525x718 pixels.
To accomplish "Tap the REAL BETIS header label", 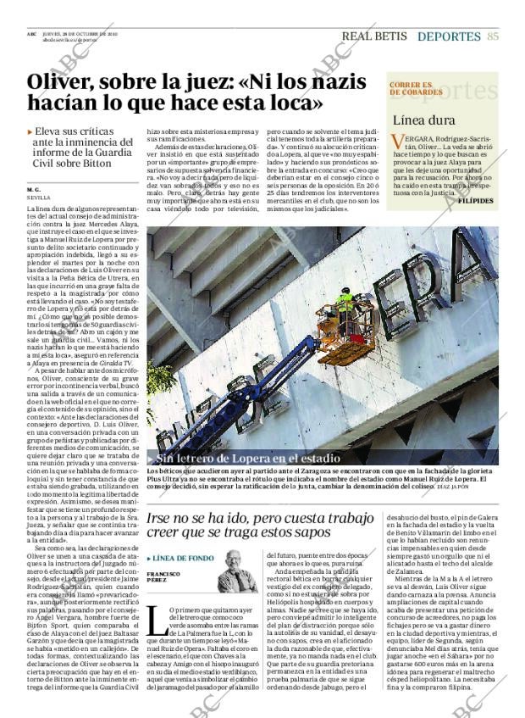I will coord(373,36).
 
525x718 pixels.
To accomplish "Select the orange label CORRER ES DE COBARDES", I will coord(412,89).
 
